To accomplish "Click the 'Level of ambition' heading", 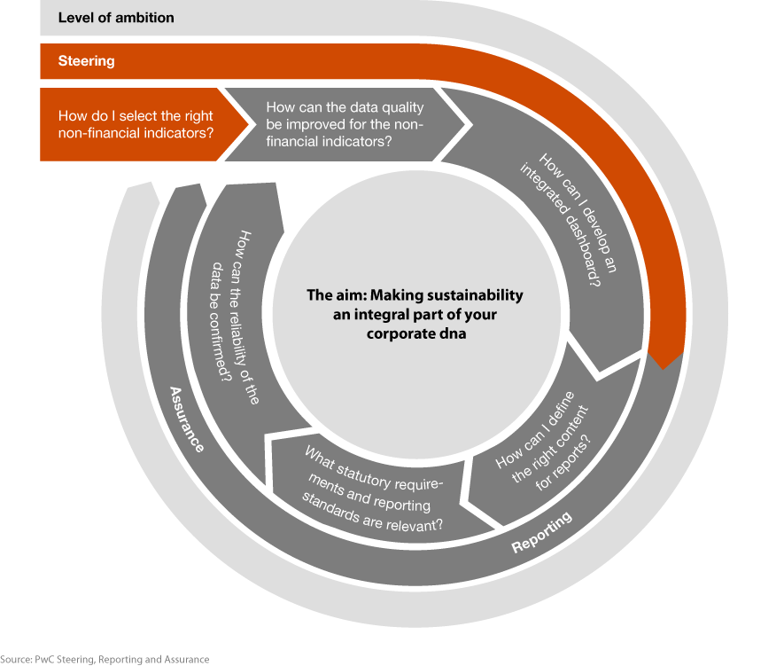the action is (x=116, y=18).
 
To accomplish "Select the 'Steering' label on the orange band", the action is (x=87, y=61).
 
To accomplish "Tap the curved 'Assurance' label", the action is (x=187, y=419).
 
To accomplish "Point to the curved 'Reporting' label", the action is (x=541, y=532).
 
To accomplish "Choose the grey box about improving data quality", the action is (x=345, y=124).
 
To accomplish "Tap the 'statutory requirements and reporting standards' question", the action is (x=373, y=489).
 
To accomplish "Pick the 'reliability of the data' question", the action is (x=235, y=317).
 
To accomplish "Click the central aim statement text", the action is (x=415, y=314).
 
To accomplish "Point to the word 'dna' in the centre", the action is (x=454, y=333).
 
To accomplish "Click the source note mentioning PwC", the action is (x=105, y=660).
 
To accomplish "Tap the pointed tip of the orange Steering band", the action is (x=664, y=369).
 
